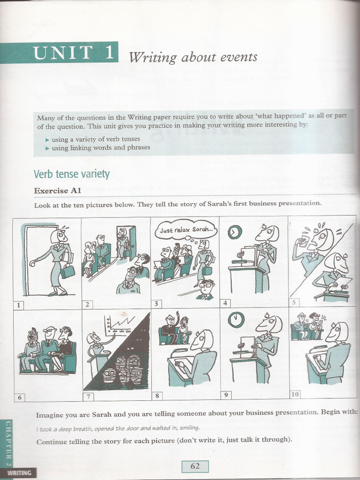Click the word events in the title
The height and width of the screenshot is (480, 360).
[240, 57]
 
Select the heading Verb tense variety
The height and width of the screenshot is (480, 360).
[71, 174]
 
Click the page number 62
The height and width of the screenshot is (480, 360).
[195, 466]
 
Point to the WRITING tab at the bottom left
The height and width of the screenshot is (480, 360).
[19, 472]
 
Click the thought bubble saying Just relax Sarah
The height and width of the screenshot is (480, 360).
[186, 230]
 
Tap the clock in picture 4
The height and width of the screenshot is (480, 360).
[234, 232]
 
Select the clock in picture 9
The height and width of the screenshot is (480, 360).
[236, 320]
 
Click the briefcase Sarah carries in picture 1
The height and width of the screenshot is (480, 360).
[67, 271]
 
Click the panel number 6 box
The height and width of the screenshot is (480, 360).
[19, 397]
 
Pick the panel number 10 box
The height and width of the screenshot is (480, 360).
[294, 394]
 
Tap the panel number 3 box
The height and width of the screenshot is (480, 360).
[157, 303]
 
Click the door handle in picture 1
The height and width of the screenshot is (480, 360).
[32, 263]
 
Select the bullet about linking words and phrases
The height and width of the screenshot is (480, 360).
[100, 147]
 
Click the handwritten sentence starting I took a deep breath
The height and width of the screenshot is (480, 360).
[118, 428]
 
